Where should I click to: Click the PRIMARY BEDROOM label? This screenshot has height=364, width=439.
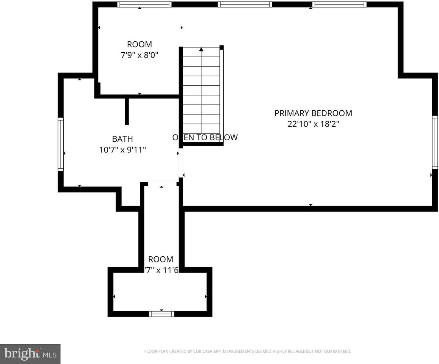313,113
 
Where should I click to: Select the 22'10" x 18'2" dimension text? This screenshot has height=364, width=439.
313,124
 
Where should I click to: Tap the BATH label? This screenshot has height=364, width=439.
122,139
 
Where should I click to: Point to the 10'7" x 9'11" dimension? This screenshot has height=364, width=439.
122,150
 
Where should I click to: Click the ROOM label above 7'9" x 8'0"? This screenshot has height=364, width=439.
139,44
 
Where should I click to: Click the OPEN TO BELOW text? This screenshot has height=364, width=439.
205,137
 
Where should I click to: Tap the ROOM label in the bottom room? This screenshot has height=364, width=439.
160,259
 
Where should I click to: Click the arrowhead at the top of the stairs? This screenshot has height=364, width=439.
201,49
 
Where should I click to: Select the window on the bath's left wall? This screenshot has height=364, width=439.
60,144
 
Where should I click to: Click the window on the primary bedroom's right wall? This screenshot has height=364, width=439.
435,142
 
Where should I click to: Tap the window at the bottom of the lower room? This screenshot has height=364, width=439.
161,314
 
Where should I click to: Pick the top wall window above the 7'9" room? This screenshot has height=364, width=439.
144,5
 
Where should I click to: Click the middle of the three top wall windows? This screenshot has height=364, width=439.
245,5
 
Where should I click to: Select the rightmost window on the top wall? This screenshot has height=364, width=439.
339,5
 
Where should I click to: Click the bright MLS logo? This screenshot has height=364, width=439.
30,354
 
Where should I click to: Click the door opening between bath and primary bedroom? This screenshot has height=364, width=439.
181,162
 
